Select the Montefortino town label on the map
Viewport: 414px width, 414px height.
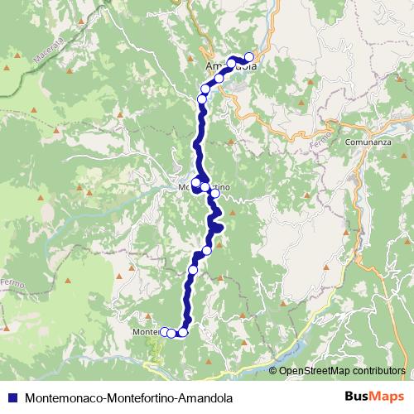click(204, 189)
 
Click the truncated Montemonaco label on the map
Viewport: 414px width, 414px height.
click(145, 333)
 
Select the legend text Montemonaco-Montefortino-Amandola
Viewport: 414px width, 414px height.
click(124, 397)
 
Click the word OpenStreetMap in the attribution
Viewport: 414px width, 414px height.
click(311, 371)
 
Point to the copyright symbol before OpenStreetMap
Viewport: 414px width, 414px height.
click(272, 371)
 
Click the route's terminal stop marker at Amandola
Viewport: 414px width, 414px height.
click(248, 57)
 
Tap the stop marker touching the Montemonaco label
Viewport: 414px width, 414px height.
click(164, 333)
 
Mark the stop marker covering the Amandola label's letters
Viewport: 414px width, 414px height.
click(233, 62)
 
